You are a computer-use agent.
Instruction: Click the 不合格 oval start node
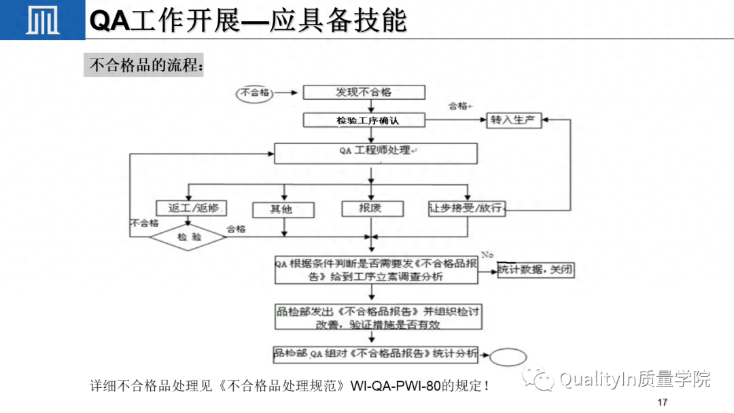pos(255,93)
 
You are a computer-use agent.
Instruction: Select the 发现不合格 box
pos(364,92)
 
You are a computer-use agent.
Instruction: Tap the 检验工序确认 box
pos(364,120)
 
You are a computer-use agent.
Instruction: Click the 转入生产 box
pos(513,120)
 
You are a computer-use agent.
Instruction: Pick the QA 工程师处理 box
pos(376,152)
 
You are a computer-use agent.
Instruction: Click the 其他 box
pos(283,209)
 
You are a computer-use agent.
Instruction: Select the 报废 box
pos(371,208)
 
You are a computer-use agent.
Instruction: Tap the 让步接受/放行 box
pos(467,209)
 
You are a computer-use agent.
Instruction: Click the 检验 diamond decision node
pos(189,237)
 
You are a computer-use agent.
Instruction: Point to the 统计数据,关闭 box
pos(536,270)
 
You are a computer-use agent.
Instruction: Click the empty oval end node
pos(503,357)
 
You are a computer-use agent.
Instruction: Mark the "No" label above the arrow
pos(487,255)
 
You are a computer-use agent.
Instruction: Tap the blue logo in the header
pos(41,20)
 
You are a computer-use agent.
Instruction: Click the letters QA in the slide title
pos(109,20)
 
